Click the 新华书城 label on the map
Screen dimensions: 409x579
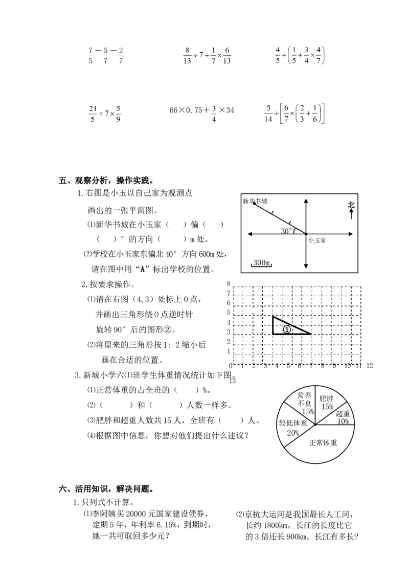(255, 201)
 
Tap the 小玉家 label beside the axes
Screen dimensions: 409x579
(317, 240)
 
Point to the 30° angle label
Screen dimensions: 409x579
(286, 231)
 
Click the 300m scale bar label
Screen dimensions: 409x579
(261, 262)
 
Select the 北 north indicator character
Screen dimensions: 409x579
(351, 205)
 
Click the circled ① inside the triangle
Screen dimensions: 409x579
(287, 329)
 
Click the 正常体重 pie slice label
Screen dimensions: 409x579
(323, 442)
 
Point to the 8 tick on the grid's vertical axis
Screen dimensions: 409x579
(229, 283)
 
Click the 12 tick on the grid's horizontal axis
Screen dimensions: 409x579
(370, 366)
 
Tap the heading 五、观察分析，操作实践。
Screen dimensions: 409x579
(106, 181)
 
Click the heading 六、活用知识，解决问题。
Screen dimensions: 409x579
(106, 489)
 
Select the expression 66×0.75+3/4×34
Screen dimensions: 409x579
(201, 113)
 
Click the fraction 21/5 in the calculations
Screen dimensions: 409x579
(93, 114)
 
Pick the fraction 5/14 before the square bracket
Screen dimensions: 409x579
(268, 114)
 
